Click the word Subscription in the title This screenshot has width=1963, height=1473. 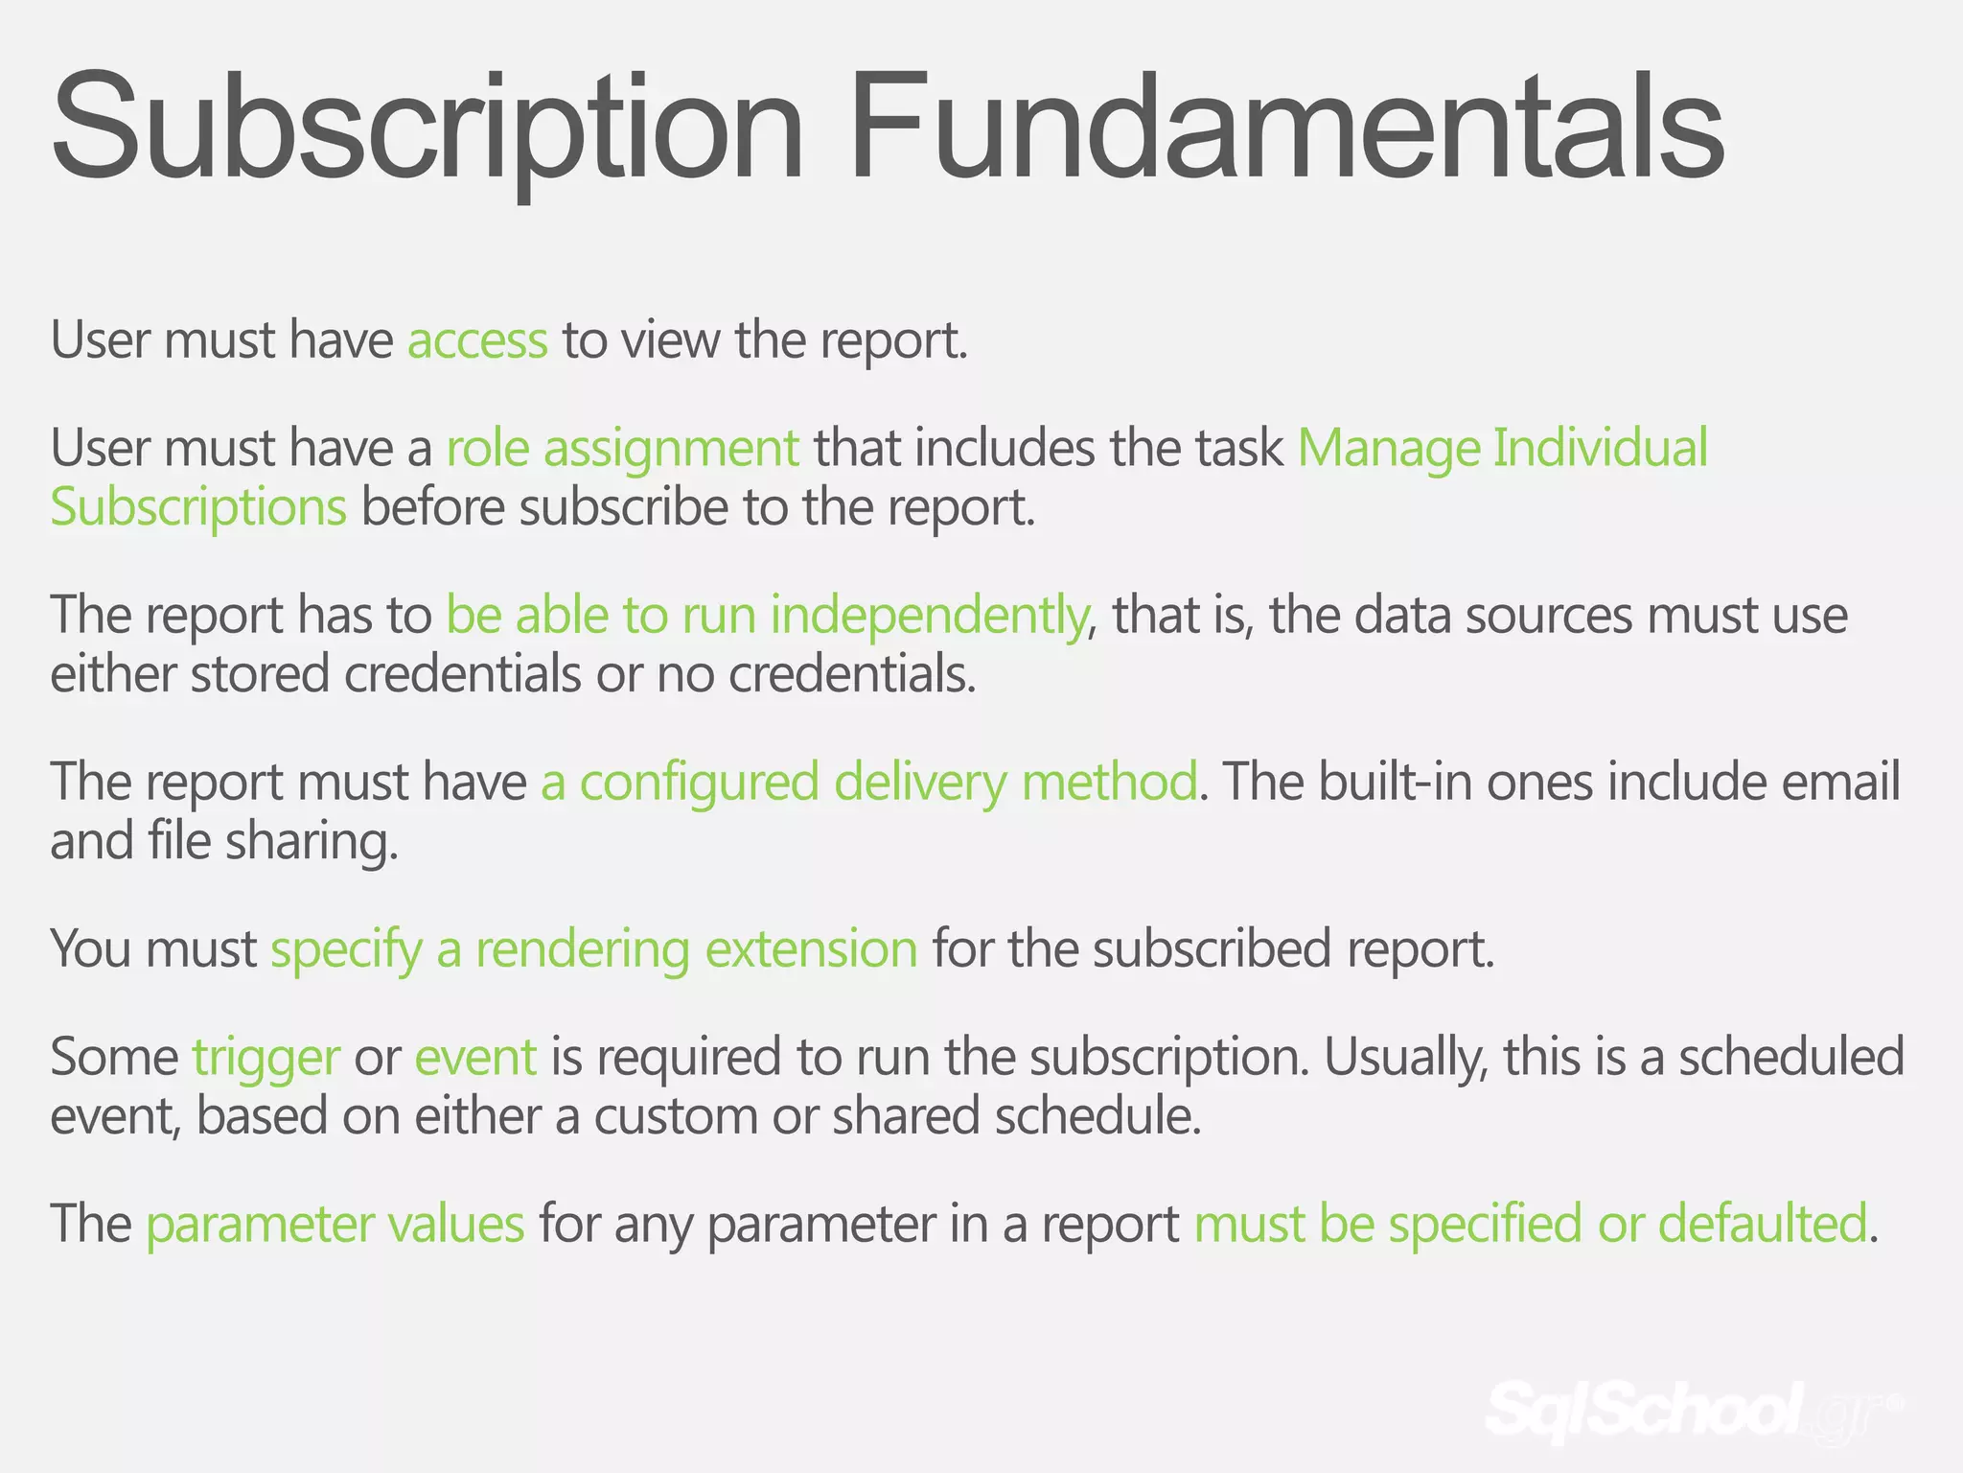(x=427, y=129)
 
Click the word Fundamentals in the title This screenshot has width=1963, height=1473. (x=1284, y=129)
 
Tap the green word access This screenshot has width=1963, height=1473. (x=477, y=340)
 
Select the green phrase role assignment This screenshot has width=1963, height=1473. (x=622, y=449)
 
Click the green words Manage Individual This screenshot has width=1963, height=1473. (x=1502, y=449)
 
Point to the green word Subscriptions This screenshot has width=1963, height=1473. (x=198, y=508)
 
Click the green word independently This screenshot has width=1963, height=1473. (x=928, y=616)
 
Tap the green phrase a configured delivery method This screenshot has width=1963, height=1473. (x=868, y=783)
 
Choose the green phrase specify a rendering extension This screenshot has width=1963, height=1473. (x=594, y=949)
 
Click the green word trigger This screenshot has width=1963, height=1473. (x=266, y=1058)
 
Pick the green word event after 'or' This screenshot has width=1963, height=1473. (x=475, y=1058)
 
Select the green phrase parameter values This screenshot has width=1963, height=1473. (x=335, y=1225)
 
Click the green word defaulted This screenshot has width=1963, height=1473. (x=1763, y=1225)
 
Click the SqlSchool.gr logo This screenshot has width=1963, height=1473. (x=1687, y=1410)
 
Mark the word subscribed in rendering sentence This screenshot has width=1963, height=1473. (x=1212, y=949)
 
